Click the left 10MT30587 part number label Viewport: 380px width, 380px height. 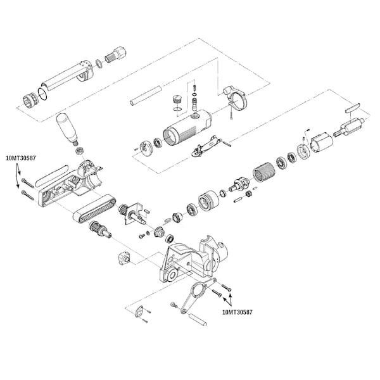point(21,158)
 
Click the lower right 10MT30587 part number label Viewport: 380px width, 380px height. point(237,312)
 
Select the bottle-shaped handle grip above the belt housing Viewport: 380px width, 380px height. point(67,129)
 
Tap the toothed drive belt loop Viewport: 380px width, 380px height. point(94,209)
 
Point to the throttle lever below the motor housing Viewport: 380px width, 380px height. point(206,146)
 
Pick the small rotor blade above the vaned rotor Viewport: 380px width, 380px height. point(353,108)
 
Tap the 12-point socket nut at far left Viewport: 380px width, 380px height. point(30,101)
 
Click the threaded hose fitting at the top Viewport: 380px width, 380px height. point(116,55)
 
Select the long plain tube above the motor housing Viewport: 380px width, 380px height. point(146,96)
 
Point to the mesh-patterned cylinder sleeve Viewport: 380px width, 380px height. point(263,172)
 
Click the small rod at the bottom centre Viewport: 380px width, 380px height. point(198,319)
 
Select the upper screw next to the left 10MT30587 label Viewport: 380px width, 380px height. point(27,183)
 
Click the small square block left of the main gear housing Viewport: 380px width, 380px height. point(125,258)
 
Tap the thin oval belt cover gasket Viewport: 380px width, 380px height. point(52,175)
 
